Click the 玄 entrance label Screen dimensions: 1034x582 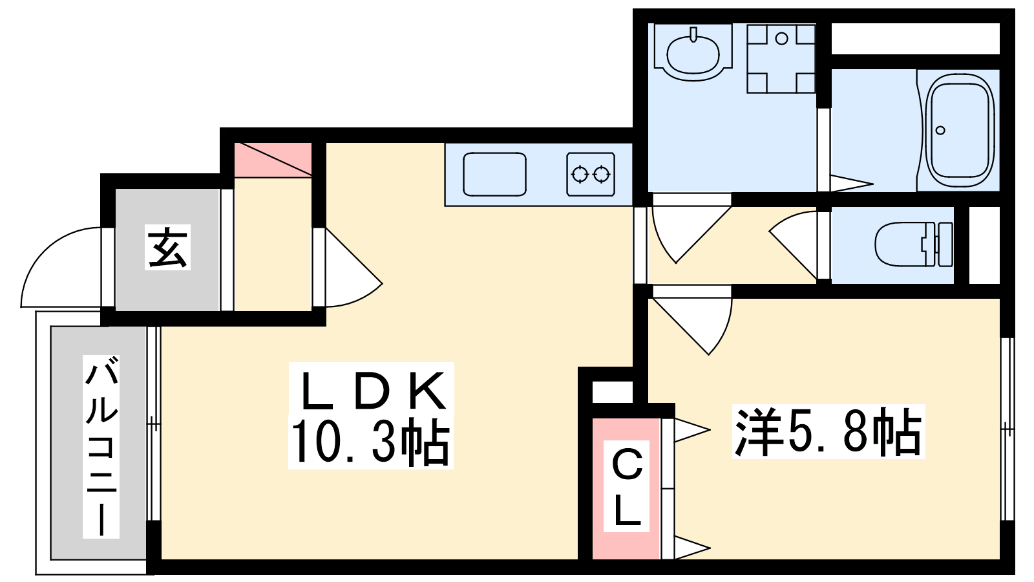[167, 247]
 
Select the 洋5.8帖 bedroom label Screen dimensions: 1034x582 [828, 431]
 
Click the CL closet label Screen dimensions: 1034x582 [626, 488]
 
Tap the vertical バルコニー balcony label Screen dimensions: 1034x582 [101, 447]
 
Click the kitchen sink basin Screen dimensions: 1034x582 [494, 174]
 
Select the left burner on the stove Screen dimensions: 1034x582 [580, 175]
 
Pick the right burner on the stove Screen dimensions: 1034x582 [602, 175]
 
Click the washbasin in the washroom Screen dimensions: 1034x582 [693, 53]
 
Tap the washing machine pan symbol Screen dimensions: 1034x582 [781, 59]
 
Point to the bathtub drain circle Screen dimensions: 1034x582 [941, 130]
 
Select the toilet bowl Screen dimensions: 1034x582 [913, 244]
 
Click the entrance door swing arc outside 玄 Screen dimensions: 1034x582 [61, 267]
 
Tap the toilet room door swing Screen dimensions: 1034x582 [793, 245]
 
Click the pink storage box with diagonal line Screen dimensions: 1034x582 [273, 160]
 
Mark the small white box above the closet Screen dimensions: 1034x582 [612, 393]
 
